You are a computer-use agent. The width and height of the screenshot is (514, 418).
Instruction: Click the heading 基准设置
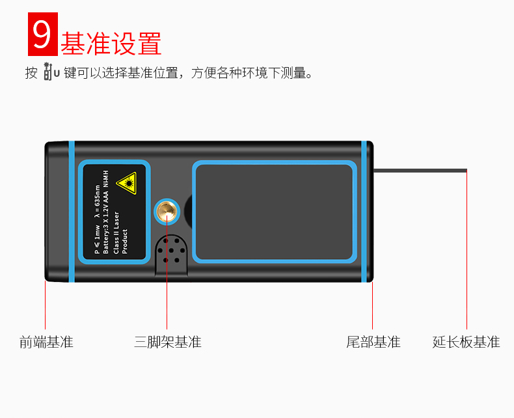111,42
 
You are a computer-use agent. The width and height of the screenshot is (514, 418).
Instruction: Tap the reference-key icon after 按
51,72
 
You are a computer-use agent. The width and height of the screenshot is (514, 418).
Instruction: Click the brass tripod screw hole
167,212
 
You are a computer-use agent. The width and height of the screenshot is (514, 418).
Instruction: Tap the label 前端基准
46,342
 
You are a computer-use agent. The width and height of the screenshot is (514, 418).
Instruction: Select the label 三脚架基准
168,342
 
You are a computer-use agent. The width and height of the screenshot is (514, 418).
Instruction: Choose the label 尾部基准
373,342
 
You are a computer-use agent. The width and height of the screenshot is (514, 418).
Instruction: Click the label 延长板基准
467,342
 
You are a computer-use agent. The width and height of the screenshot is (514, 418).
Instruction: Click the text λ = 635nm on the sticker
98,195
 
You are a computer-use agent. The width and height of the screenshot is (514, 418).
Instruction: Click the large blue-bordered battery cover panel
274,212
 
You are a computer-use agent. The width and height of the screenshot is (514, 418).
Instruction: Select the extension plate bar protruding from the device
420,171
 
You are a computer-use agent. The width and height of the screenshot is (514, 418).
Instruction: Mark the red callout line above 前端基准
45,306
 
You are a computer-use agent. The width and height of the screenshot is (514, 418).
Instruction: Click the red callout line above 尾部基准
372,306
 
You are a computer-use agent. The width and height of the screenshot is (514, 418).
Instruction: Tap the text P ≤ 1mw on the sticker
98,238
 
